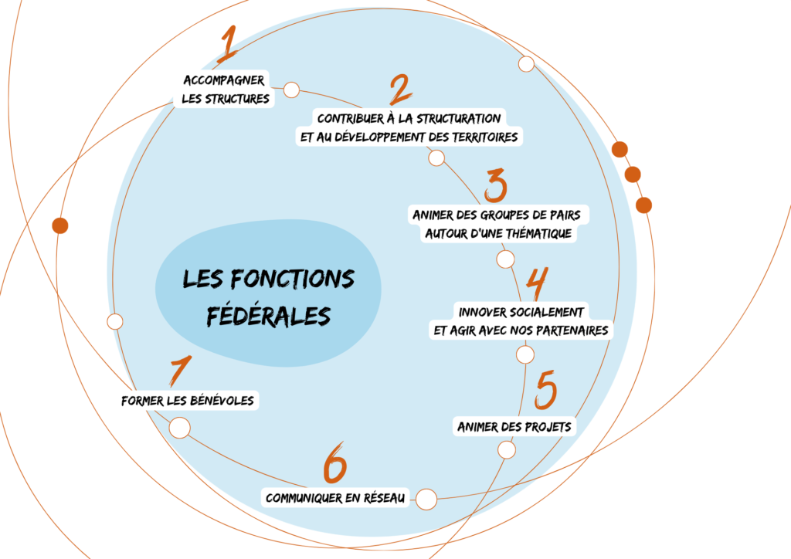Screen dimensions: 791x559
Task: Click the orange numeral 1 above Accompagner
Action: tap(229, 44)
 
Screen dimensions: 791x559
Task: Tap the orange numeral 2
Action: tap(401, 90)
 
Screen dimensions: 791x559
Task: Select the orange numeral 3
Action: tap(495, 185)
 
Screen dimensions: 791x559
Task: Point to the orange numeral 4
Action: tap(538, 284)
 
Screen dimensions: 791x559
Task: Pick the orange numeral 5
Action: tap(546, 389)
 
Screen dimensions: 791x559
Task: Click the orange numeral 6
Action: tap(335, 463)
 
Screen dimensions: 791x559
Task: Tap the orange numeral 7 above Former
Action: tap(181, 371)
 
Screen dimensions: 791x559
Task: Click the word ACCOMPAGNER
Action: tap(224, 80)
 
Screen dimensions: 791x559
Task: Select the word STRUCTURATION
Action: tap(458, 119)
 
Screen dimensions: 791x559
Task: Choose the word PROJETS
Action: tap(548, 427)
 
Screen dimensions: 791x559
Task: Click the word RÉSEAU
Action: tap(383, 498)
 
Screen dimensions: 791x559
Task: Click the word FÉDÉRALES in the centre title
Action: tap(268, 316)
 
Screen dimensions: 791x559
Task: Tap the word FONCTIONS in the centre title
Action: tap(293, 279)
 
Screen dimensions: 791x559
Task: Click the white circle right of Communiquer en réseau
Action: tap(426, 500)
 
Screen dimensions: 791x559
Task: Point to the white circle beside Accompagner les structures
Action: tap(291, 90)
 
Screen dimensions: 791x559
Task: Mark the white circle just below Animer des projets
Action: tap(507, 450)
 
